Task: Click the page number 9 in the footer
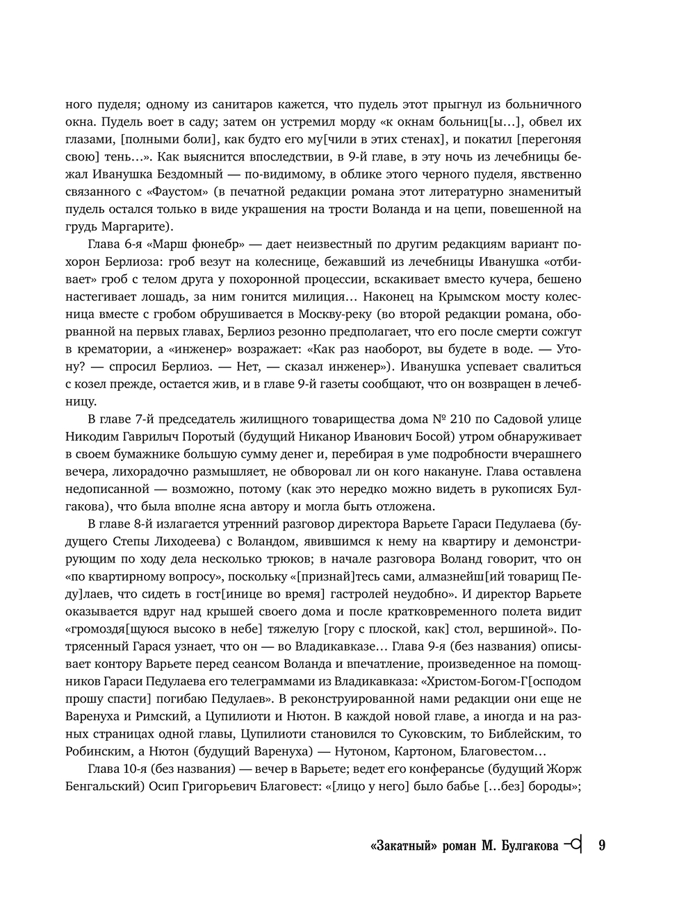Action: pos(602,846)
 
